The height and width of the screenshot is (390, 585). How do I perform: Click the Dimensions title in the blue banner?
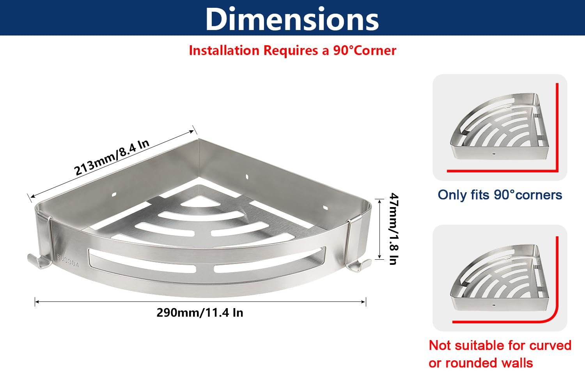292,19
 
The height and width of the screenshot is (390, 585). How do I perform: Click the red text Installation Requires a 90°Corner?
292,50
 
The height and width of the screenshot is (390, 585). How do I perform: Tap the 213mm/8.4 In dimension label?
112,157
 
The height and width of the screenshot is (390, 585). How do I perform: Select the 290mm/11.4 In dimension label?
200,313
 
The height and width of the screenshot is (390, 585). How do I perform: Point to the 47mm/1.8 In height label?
394,229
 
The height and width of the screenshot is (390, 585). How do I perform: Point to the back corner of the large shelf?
199,139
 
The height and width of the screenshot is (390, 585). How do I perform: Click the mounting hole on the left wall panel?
114,195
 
